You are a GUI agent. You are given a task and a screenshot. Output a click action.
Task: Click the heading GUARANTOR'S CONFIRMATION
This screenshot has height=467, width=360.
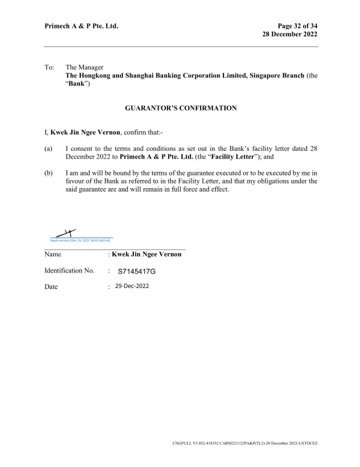click(x=181, y=108)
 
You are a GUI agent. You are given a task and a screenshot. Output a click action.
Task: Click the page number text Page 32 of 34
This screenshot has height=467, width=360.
click(x=298, y=26)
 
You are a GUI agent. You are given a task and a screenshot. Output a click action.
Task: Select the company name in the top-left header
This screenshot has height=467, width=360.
click(x=81, y=26)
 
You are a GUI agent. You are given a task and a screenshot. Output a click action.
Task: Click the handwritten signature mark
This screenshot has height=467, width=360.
click(x=66, y=233)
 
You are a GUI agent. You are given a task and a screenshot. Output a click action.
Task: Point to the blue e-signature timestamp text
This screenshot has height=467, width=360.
click(x=80, y=240)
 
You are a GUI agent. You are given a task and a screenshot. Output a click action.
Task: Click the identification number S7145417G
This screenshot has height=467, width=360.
click(x=136, y=271)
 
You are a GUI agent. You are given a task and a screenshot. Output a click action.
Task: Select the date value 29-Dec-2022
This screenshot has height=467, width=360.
click(x=132, y=286)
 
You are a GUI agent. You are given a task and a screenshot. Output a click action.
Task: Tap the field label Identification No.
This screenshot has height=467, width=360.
click(x=69, y=270)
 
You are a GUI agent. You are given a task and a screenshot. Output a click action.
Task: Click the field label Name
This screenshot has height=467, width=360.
click(x=53, y=254)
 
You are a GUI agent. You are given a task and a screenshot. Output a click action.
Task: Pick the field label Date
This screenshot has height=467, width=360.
click(x=51, y=286)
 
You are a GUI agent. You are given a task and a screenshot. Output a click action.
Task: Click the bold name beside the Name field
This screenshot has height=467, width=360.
click(x=147, y=254)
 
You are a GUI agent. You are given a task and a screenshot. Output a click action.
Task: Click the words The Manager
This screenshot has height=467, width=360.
click(x=84, y=68)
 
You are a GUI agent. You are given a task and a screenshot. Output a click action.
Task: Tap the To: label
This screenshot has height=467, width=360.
click(x=49, y=68)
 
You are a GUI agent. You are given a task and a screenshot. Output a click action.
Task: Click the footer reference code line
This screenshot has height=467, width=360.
click(x=245, y=443)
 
